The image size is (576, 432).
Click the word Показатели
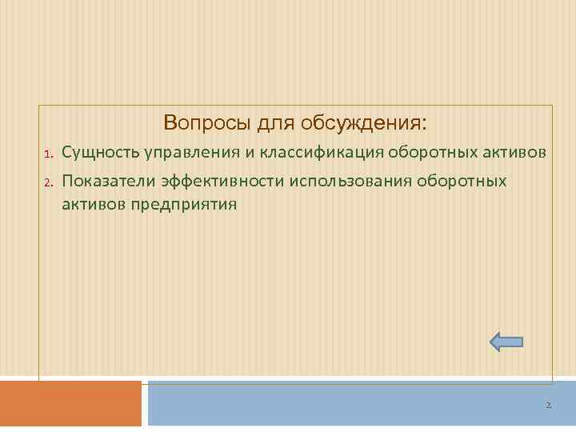[107, 181]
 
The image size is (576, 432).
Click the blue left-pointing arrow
[506, 342]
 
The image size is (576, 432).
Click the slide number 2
[548, 406]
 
